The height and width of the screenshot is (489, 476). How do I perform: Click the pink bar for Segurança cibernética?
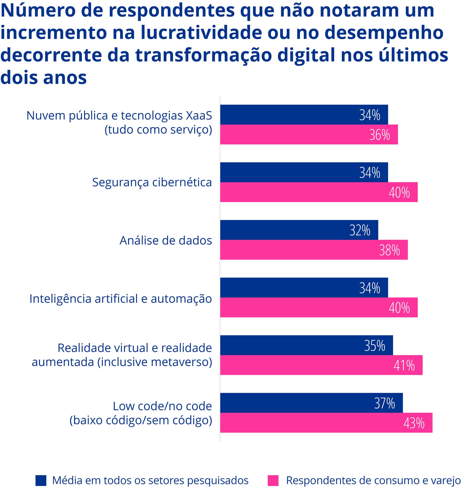[x=318, y=192]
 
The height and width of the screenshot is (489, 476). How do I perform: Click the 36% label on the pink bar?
[x=380, y=135]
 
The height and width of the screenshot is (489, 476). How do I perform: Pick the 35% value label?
[x=375, y=345]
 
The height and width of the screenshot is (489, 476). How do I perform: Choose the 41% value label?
[x=404, y=366]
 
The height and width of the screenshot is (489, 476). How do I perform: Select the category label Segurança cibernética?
[x=152, y=182]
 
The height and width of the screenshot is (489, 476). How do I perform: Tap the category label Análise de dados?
[x=166, y=240]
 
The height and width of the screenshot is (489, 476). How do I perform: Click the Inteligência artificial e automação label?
[x=121, y=298]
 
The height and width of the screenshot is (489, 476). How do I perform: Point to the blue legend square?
[x=41, y=480]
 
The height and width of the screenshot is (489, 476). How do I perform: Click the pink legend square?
[x=273, y=480]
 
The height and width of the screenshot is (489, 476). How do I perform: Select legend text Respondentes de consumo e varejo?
[x=373, y=480]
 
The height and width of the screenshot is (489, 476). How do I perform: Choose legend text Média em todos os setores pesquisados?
[x=150, y=480]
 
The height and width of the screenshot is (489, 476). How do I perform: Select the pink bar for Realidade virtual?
[x=321, y=365]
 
